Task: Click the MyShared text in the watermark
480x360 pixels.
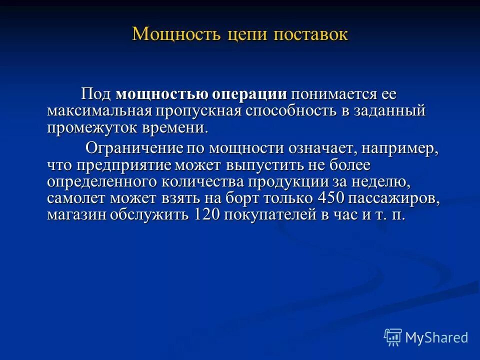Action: point(436,337)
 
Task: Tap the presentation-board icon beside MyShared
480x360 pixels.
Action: point(393,337)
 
